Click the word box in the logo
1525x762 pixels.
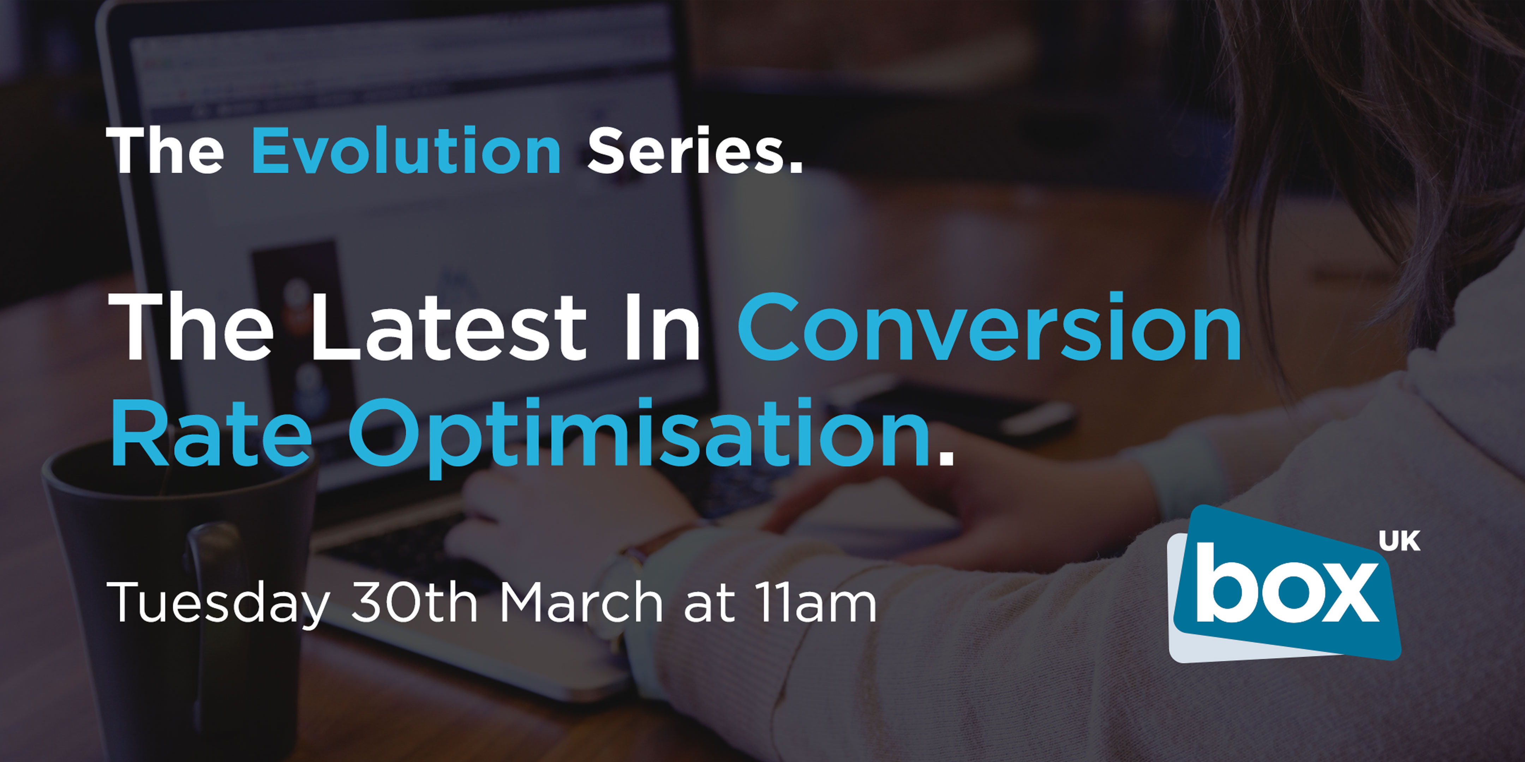1286,585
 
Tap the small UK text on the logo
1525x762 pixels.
1399,541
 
